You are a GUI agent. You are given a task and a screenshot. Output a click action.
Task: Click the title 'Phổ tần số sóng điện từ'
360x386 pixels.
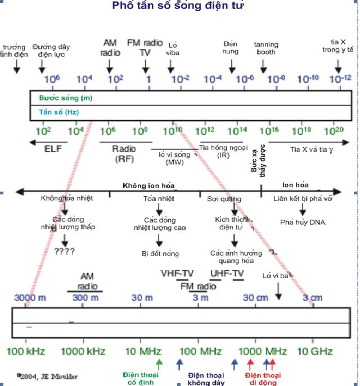[178, 6]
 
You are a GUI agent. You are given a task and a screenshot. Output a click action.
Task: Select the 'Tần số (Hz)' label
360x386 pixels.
[58, 112]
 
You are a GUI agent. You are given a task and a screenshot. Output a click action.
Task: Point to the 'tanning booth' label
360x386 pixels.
[265, 48]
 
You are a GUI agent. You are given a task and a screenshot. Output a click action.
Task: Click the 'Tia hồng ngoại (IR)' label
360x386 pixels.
[223, 151]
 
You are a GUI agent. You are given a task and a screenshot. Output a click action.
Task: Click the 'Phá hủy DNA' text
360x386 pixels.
[303, 222]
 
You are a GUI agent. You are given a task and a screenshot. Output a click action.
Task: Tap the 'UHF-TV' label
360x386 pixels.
[227, 274]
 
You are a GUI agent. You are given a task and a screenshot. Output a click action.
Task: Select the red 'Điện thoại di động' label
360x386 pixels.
[263, 379]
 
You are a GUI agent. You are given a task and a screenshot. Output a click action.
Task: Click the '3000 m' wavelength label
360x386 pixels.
[26, 297]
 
